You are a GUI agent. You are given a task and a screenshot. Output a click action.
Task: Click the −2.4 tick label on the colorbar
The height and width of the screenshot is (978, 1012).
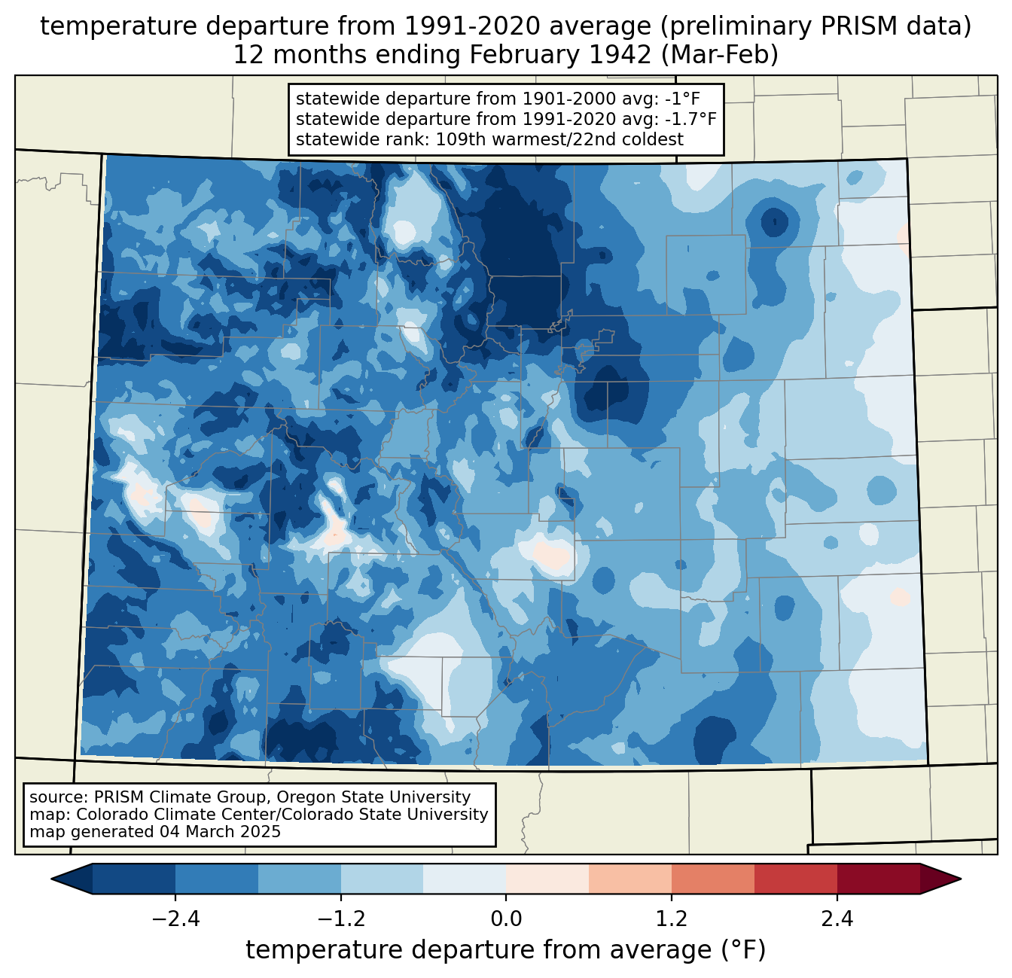click(x=175, y=919)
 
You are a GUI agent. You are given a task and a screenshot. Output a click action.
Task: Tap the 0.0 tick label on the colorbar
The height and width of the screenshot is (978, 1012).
click(x=506, y=919)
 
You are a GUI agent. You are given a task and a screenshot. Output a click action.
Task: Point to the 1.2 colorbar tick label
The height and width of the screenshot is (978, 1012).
click(x=672, y=919)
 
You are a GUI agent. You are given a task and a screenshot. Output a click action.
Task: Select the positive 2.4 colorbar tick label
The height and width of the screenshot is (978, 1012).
click(x=837, y=919)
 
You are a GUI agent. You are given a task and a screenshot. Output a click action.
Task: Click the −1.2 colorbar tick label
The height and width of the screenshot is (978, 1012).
click(x=341, y=919)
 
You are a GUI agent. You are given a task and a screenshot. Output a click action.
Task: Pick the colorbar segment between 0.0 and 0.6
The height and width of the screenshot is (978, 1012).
click(x=547, y=879)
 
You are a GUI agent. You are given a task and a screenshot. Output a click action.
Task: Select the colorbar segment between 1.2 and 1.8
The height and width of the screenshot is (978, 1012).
click(x=712, y=879)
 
